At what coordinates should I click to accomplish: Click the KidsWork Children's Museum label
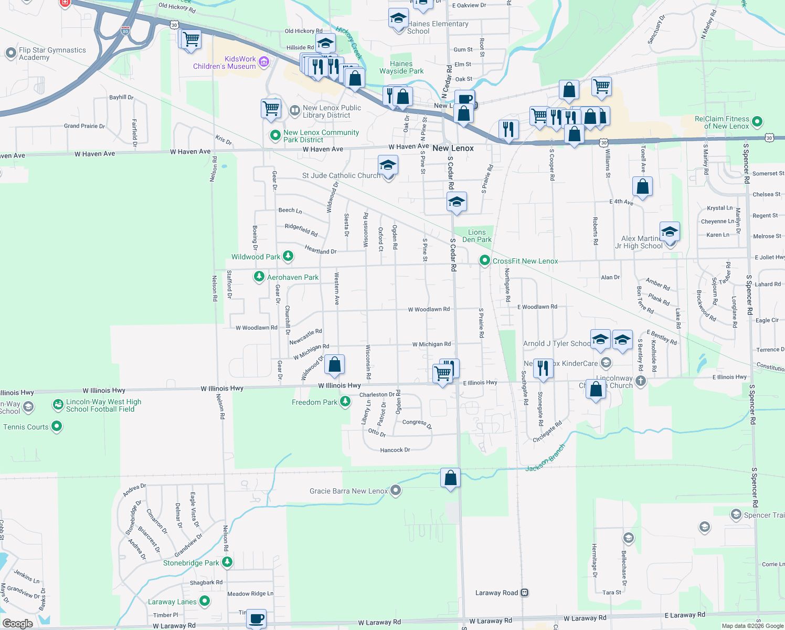pos(225,63)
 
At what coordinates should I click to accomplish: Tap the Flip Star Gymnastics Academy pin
pos(10,53)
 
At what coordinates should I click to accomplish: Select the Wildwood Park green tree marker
pos(288,256)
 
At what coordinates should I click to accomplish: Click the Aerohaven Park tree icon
pos(259,276)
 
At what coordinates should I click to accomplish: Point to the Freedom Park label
pos(315,403)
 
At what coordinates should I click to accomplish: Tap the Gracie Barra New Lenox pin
pos(396,490)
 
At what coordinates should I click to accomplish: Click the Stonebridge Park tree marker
pos(227,562)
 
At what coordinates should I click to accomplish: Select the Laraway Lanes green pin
pos(205,601)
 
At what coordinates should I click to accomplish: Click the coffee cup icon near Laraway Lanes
pos(256,618)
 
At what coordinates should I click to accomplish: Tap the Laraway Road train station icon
pos(524,593)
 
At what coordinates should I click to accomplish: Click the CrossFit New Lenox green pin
pos(484,260)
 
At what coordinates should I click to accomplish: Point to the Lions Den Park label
pos(476,236)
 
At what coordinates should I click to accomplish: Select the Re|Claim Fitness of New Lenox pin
pos(757,122)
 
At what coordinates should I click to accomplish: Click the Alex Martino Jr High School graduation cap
pos(670,231)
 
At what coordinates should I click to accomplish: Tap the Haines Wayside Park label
pos(401,68)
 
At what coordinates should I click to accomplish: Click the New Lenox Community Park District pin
pos(275,135)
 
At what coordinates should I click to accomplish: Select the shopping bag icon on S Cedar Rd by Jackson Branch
pos(450,478)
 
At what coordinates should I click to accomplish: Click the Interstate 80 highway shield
pos(125,30)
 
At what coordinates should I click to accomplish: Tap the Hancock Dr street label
pos(395,450)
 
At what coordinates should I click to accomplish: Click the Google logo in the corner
pos(18,623)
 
